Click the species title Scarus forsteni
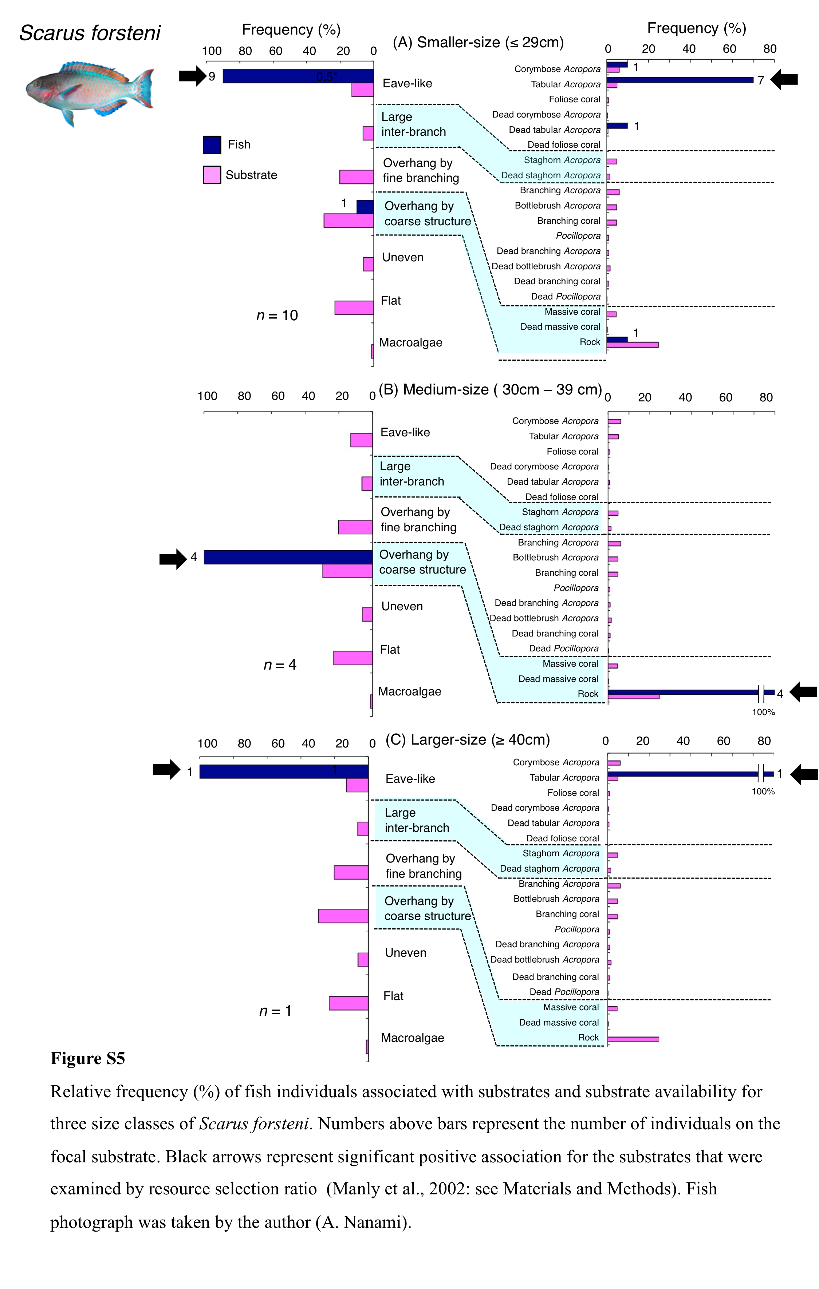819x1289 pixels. [90, 33]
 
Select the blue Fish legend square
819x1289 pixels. [212, 144]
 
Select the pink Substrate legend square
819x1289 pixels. [212, 175]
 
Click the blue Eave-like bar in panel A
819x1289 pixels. [298, 76]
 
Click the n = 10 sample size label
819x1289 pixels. [277, 315]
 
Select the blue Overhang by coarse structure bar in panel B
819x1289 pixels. [288, 557]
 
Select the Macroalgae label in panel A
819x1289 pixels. [410, 342]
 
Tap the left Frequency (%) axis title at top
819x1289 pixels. [291, 29]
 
